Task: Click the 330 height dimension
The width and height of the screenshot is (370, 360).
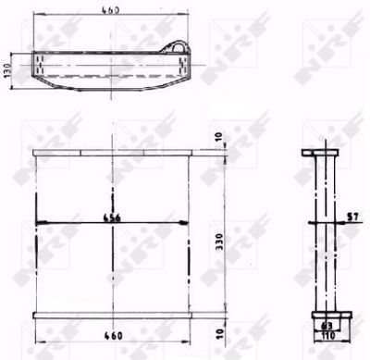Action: pos(218,243)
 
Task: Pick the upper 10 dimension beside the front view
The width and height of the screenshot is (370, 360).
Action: pos(219,137)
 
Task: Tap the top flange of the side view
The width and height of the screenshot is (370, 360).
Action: pos(323,154)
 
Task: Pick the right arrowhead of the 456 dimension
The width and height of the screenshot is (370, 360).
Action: pos(188,221)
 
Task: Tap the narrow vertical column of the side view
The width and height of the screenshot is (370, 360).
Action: pos(323,231)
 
